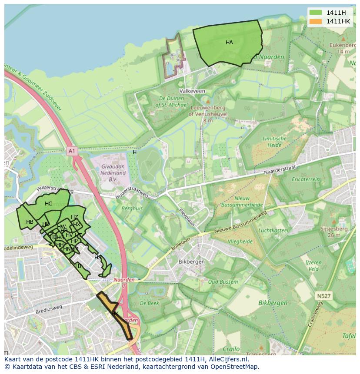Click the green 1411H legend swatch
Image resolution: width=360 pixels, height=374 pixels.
pyautogui.click(x=316, y=13)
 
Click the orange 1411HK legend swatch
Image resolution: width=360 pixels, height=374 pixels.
pyautogui.click(x=316, y=21)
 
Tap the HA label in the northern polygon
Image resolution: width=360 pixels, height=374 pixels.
pyautogui.click(x=229, y=43)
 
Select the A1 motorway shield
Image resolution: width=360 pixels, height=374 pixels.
pyautogui.click(x=72, y=151)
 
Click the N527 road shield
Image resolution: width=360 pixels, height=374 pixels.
pyautogui.click(x=323, y=296)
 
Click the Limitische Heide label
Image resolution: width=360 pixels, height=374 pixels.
pyautogui.click(x=274, y=142)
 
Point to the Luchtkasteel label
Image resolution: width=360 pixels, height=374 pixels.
pyautogui.click(x=273, y=230)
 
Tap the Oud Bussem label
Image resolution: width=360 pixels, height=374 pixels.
pyautogui.click(x=223, y=282)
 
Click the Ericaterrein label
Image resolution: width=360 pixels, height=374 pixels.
pyautogui.click(x=306, y=179)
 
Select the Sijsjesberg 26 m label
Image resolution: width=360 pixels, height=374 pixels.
pyautogui.click(x=333, y=231)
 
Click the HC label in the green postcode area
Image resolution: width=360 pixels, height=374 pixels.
pyautogui.click(x=48, y=204)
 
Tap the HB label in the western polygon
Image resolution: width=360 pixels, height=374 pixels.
pyautogui.click(x=30, y=222)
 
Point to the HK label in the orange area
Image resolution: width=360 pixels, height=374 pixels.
pyautogui.click(x=115, y=313)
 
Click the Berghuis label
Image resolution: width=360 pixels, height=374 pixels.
pyautogui.click(x=132, y=209)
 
